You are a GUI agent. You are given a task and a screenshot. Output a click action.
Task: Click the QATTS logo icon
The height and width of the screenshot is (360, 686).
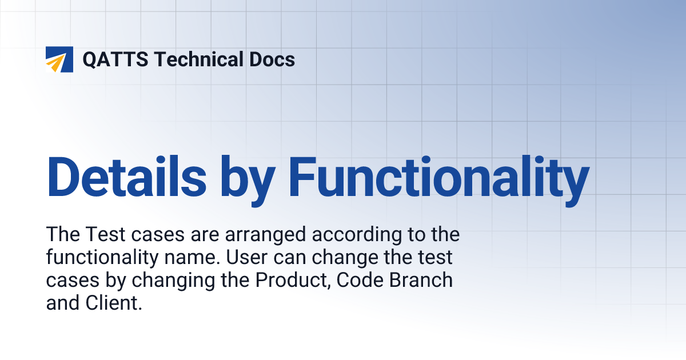pos(59,59)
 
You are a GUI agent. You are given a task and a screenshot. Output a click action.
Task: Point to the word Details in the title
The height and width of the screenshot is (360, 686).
pos(126,174)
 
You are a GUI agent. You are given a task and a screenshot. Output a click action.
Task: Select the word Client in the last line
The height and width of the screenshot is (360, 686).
pos(111,303)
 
